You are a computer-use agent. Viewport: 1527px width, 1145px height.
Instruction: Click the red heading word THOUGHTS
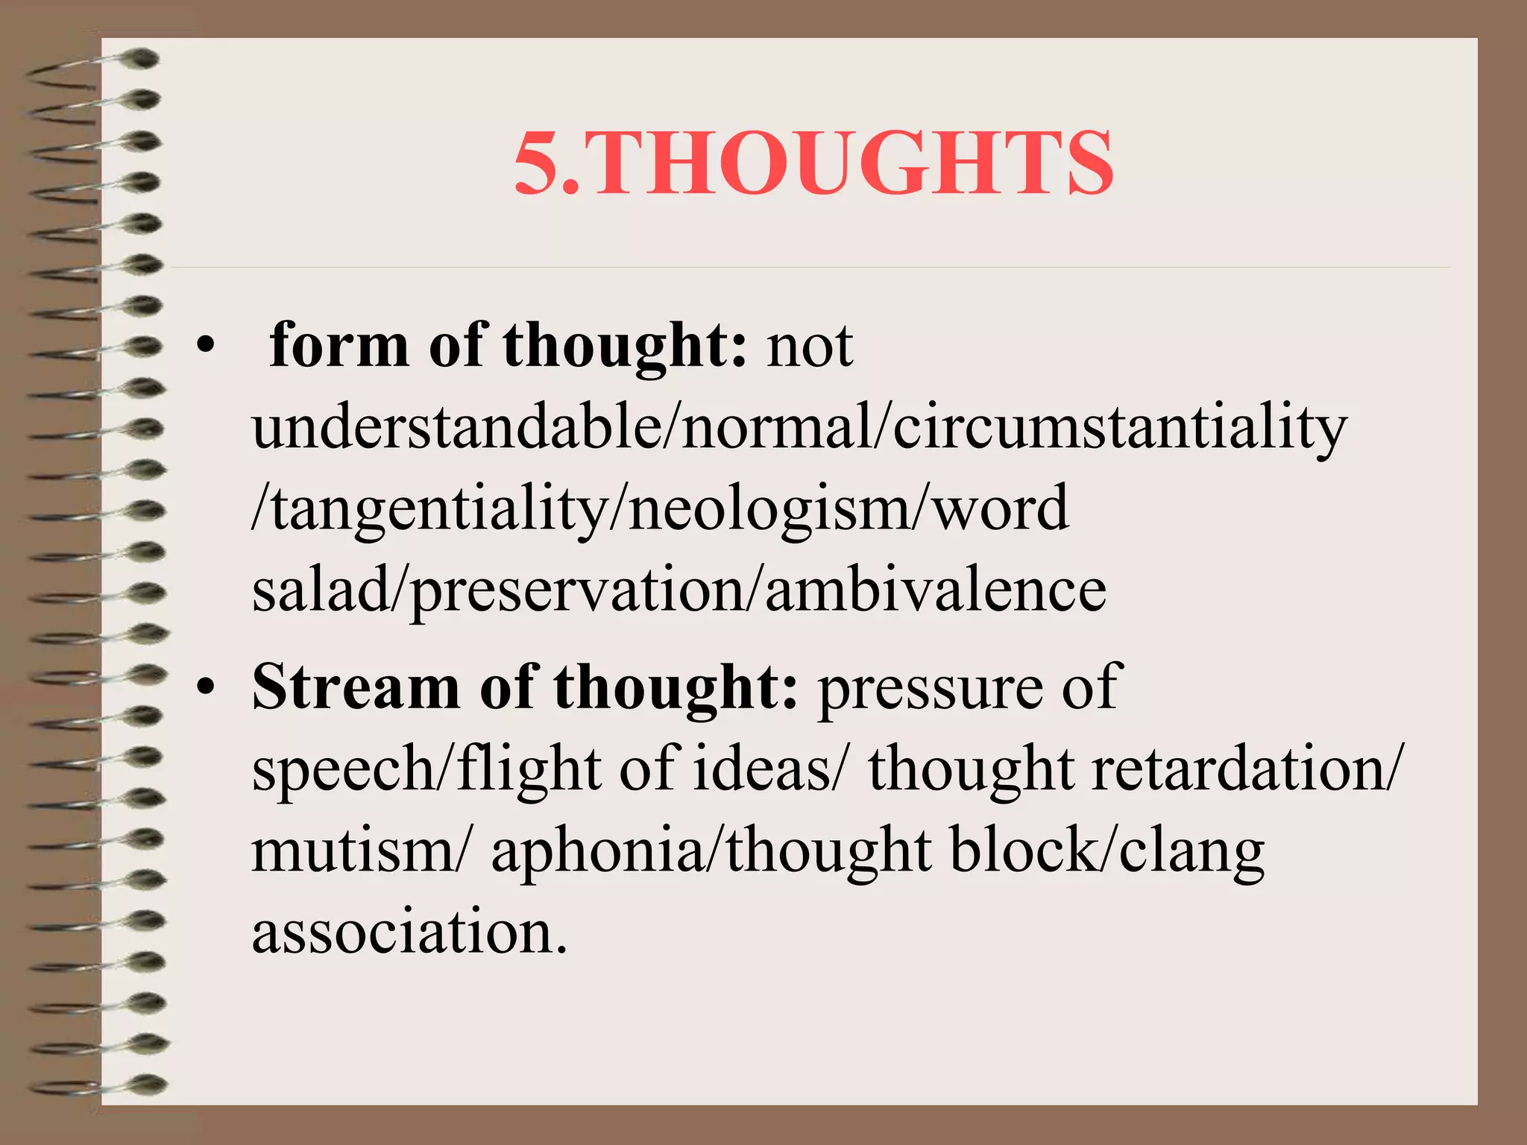853,163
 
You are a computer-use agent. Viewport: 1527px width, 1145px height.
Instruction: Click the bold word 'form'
339,346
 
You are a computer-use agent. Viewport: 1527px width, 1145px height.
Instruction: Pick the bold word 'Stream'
356,687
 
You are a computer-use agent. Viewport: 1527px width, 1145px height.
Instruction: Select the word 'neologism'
768,509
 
